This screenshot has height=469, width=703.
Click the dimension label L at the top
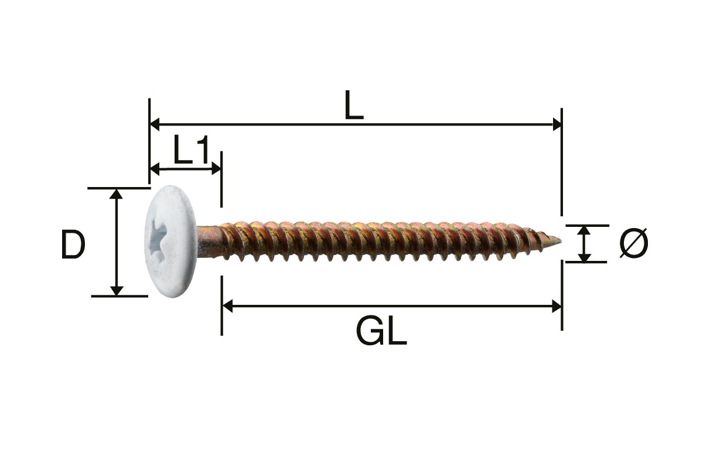point(354,105)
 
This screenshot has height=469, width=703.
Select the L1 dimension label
point(191,149)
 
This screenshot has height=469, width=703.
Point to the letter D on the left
point(73,244)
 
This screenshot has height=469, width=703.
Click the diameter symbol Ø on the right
point(634,243)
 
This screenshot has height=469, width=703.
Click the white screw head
point(171,242)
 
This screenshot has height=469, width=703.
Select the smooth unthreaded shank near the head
point(208,242)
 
